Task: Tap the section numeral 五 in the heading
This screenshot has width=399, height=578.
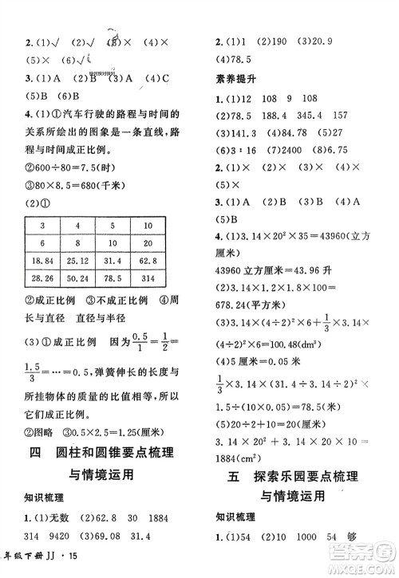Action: point(234,478)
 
